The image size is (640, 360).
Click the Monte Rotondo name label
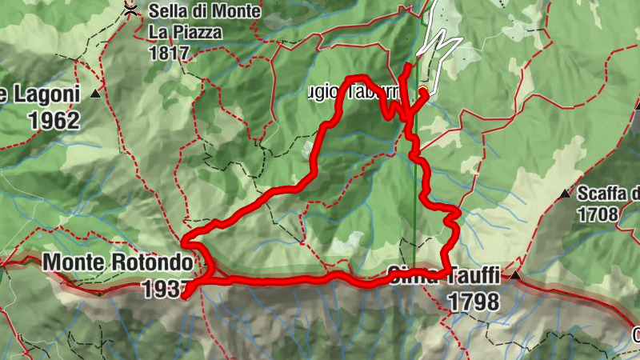click(x=118, y=262)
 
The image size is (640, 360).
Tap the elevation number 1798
click(x=474, y=302)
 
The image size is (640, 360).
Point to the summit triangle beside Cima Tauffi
click(x=515, y=275)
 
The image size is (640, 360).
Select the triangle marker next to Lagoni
click(x=96, y=94)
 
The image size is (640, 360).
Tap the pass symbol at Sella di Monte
click(x=130, y=9)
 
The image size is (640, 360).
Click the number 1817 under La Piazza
click(x=169, y=54)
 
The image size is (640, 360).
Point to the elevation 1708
click(x=598, y=214)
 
